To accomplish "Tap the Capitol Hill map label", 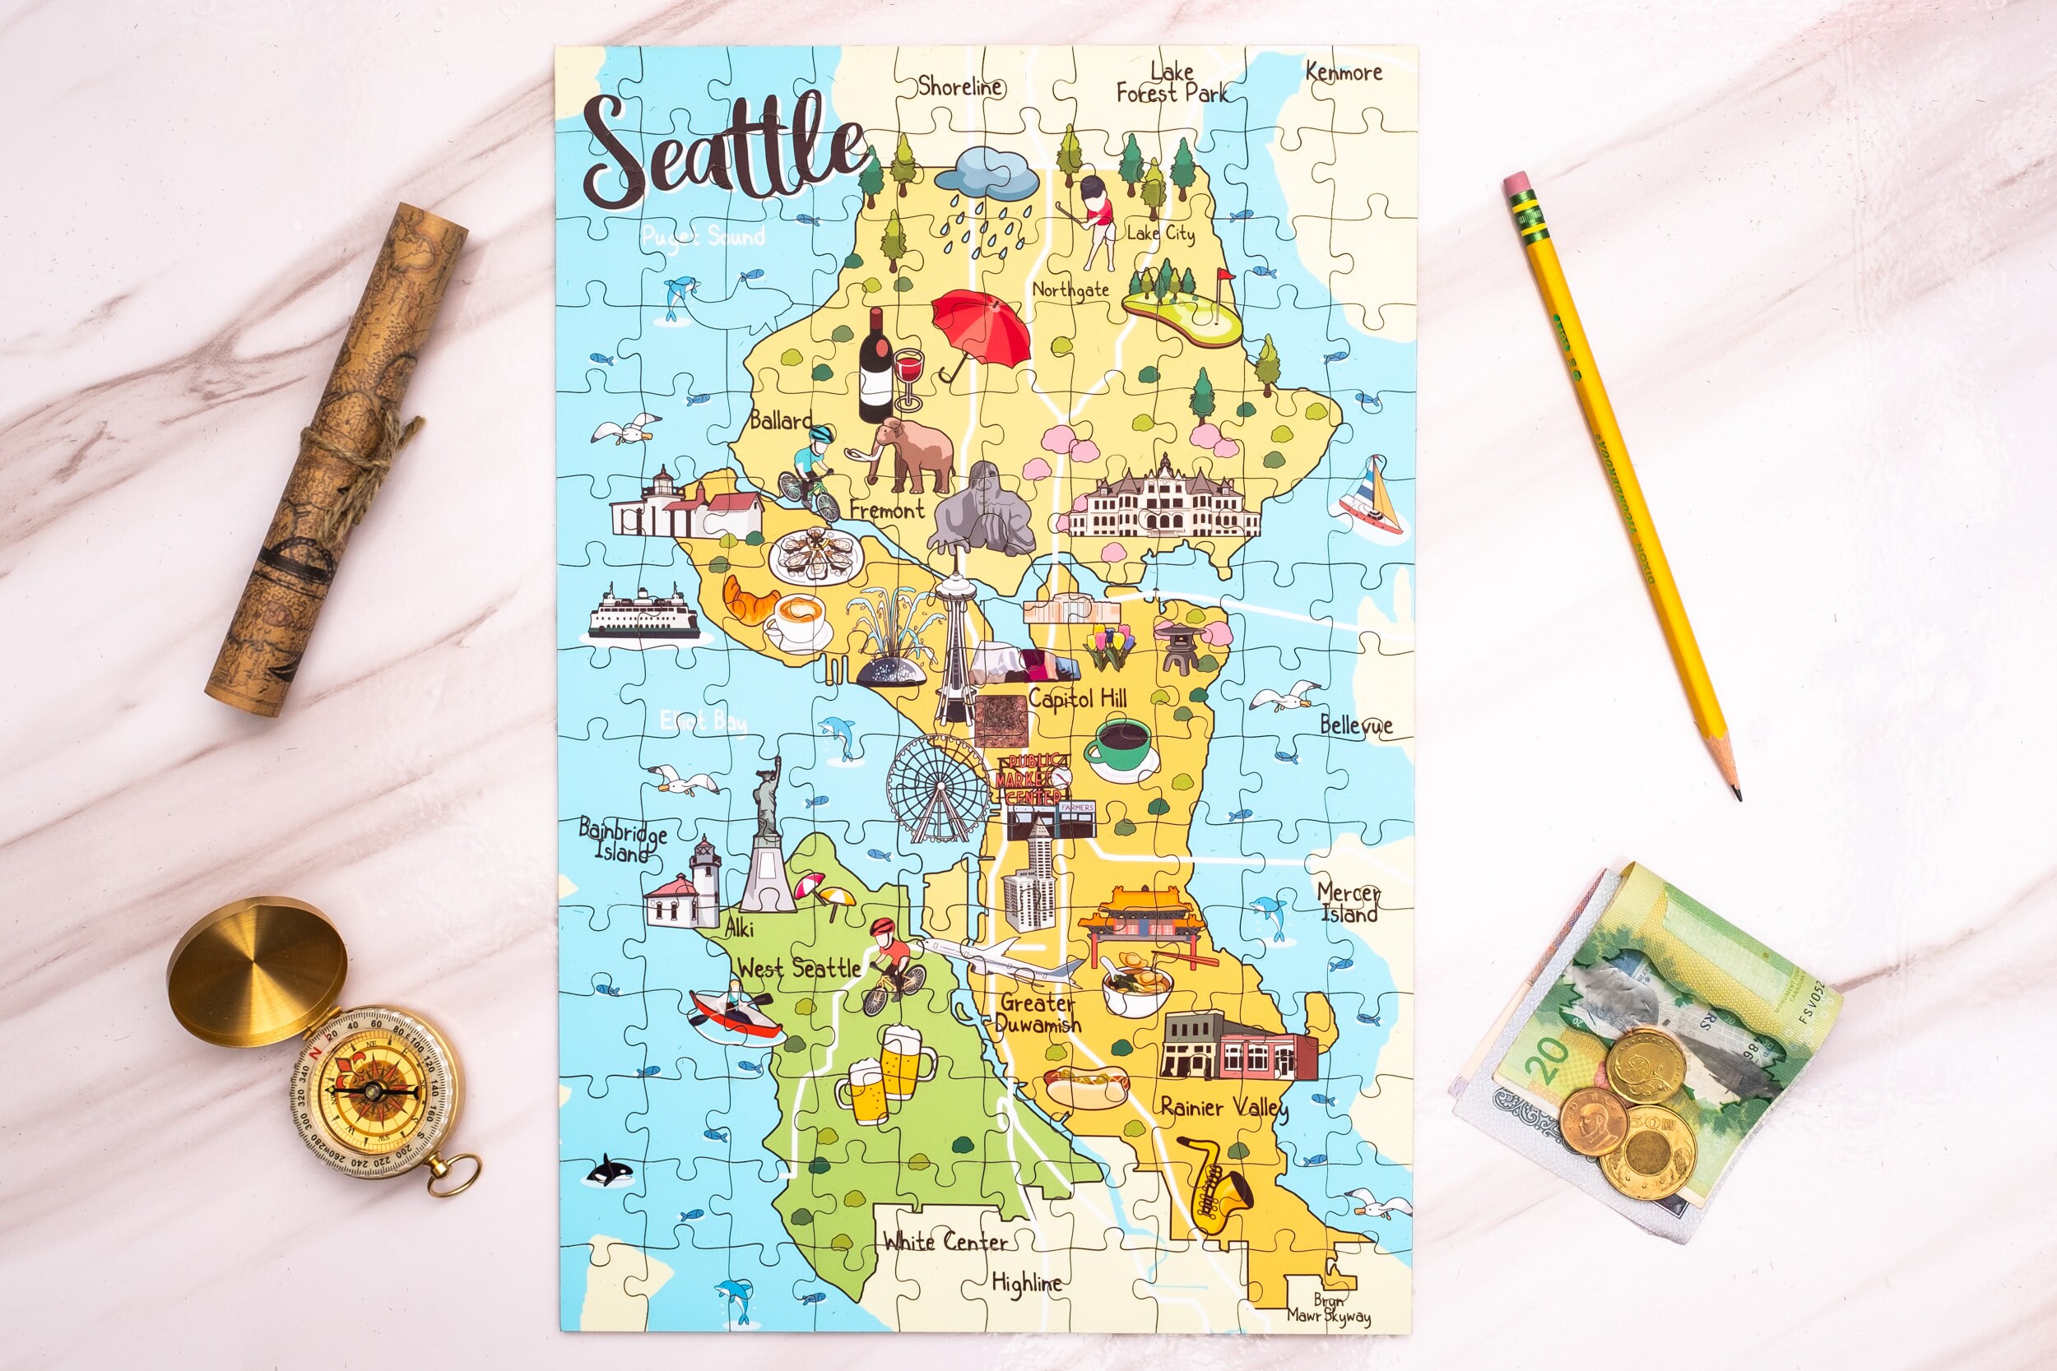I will [1076, 698].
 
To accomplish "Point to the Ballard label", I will [780, 420].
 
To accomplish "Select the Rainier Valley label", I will [1223, 1108].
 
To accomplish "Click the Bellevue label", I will [1356, 725].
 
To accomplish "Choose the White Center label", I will [945, 1241].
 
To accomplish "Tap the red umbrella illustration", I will [979, 331].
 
